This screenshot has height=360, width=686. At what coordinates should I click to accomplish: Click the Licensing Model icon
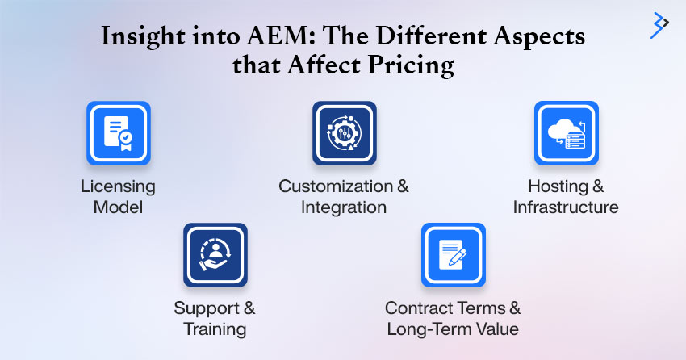pos(119,133)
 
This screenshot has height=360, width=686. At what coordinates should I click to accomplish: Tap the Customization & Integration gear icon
pos(345,133)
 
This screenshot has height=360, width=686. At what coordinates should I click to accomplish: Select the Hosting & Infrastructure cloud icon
pos(566,133)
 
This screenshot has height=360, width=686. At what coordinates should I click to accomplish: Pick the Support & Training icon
pos(215,255)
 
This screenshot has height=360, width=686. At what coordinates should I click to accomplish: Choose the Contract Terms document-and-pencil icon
pos(454,255)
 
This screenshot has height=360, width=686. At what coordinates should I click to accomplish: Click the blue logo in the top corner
pos(659,25)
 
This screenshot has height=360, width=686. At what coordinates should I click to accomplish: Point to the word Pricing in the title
pos(410,65)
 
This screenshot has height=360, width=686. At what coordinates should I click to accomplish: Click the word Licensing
pos(118,186)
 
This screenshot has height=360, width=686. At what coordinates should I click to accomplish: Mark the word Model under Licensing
pos(118,207)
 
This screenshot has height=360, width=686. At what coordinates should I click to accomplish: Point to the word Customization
pos(336,186)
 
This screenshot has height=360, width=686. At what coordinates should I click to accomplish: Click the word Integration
pos(344,207)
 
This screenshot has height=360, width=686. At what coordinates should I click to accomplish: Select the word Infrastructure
pos(566,207)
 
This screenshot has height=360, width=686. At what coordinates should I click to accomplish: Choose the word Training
pos(215,329)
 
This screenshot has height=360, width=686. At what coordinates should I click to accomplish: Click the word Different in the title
pos(432,36)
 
